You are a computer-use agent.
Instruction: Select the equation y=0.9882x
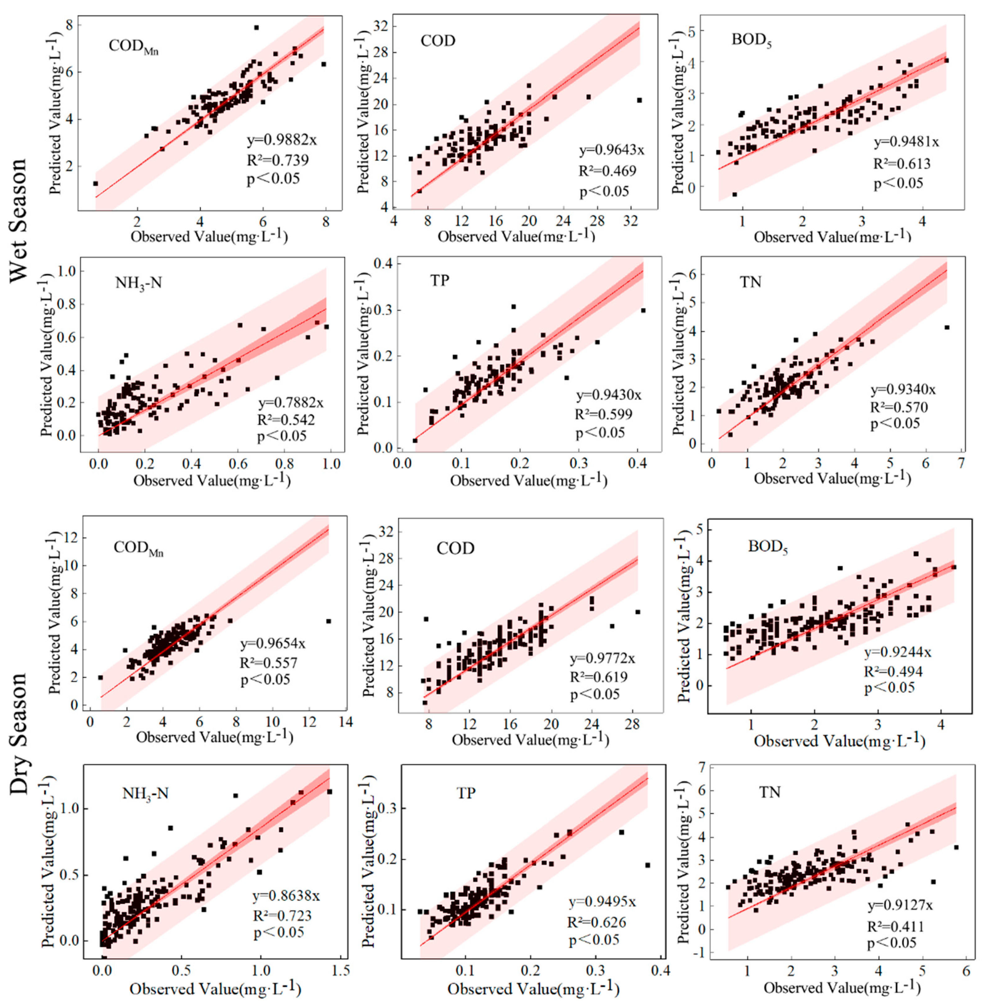(278, 141)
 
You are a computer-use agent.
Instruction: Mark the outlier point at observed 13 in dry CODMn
(329, 621)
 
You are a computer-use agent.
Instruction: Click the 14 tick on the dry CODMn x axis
(346, 722)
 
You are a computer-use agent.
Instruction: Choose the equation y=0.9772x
(603, 658)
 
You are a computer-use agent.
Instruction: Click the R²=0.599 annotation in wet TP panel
(603, 414)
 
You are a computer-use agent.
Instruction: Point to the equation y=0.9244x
(898, 652)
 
